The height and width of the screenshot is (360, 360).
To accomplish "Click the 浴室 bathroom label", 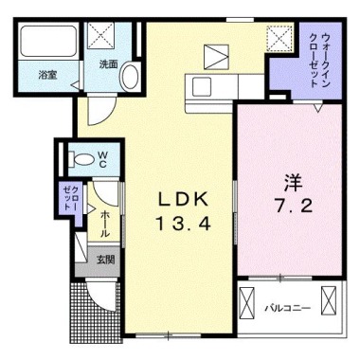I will [48, 74].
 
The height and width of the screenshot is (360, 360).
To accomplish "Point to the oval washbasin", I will [131, 76].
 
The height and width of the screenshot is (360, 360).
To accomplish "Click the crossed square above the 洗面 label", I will [100, 37].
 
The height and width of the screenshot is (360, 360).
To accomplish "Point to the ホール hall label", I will [104, 223].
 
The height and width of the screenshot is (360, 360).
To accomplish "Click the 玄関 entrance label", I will [104, 259].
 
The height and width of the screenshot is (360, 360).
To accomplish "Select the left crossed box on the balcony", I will [248, 305].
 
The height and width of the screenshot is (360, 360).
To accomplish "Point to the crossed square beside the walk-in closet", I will [279, 38].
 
